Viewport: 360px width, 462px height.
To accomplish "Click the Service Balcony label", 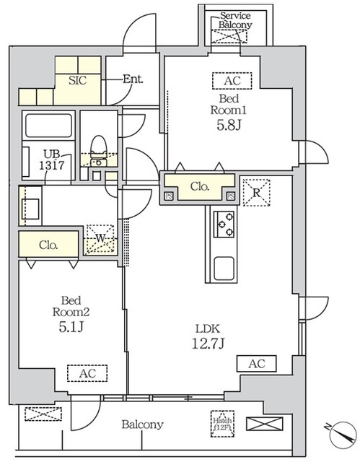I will point(236,19).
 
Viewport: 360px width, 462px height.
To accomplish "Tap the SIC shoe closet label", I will point(77,79).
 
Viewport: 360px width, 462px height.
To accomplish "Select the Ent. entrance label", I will point(132,79).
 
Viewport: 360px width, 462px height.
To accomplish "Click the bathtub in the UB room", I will point(48,128).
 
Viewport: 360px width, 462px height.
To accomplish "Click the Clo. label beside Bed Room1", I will point(200,186).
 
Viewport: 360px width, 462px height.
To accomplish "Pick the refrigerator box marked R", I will point(255,191).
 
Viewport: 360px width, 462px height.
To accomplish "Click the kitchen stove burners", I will point(224,224).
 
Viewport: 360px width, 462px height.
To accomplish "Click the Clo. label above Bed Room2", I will point(48,244).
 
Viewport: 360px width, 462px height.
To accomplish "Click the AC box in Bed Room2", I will point(87,372).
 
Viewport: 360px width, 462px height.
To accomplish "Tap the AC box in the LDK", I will point(256,365).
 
